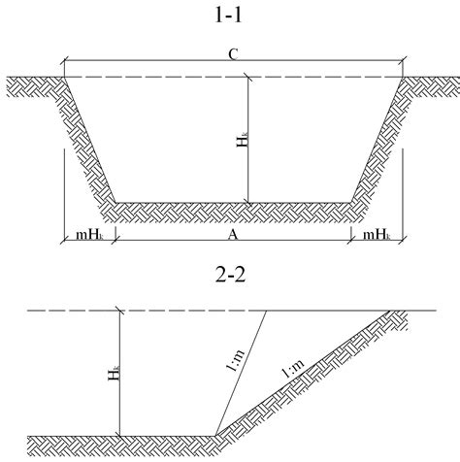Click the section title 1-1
pos(228,15)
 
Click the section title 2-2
pos(230,275)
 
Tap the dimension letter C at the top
pos(233,54)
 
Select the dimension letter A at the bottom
pos(233,234)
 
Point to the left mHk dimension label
pos(89,235)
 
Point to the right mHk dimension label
pos(377,235)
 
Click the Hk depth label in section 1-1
pos(243,139)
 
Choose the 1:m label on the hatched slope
pos(293,368)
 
